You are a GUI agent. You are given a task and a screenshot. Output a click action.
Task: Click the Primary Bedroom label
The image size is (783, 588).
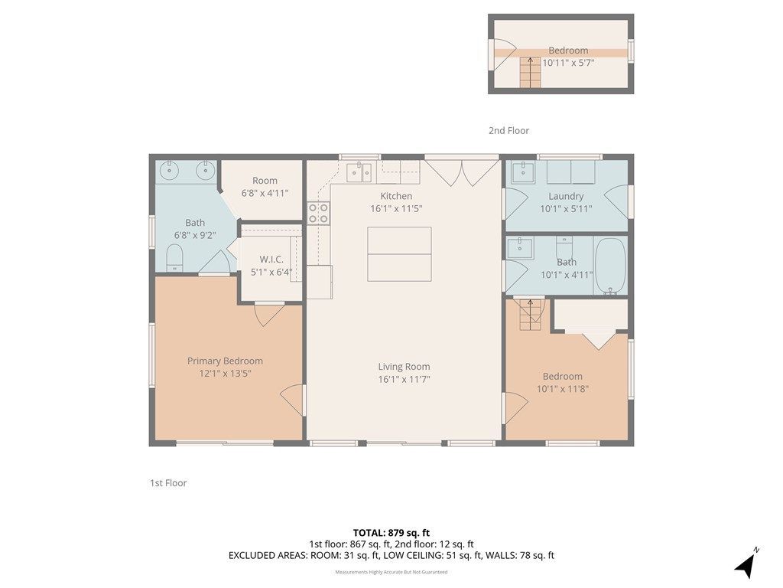click(x=225, y=361)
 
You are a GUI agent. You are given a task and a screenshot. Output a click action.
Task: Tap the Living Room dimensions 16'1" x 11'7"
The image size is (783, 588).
click(x=404, y=380)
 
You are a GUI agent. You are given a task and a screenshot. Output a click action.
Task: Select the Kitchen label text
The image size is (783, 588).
click(x=397, y=196)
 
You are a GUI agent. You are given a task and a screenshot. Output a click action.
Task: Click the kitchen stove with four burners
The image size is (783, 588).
click(x=319, y=213)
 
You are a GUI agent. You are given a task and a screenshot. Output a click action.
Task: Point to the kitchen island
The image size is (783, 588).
click(x=399, y=254)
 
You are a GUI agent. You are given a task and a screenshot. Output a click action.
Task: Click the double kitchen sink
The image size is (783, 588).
click(x=359, y=172)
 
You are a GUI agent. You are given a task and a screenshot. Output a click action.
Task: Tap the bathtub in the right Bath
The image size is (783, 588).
click(x=610, y=266)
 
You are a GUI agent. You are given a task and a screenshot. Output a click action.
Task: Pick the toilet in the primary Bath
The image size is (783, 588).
click(x=174, y=257)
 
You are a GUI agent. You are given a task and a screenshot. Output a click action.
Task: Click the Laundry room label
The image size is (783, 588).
click(x=566, y=197)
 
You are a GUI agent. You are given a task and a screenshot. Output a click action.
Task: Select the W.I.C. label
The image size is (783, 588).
click(x=271, y=260)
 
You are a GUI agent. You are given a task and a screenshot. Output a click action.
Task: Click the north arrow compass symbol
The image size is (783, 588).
click(x=746, y=564)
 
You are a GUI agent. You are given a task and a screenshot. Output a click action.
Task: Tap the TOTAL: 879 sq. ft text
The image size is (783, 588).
click(x=391, y=533)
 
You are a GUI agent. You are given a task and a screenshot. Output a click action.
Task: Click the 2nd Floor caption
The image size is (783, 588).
click(x=508, y=130)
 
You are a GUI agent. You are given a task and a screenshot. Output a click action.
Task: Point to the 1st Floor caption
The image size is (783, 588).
click(x=168, y=483)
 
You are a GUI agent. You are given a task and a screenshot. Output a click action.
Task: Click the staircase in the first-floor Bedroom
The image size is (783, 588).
click(x=531, y=315)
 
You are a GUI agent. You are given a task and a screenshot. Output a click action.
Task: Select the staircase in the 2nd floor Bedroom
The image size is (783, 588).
click(x=531, y=73)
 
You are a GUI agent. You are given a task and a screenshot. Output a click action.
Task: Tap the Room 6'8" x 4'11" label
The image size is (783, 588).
click(x=265, y=187)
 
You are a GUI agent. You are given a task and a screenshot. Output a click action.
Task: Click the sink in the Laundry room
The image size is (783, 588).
click(x=522, y=172)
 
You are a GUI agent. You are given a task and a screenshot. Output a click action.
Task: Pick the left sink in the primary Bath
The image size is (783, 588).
click(x=170, y=171)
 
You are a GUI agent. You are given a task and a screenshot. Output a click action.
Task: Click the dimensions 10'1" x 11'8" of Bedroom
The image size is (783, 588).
click(x=563, y=389)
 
